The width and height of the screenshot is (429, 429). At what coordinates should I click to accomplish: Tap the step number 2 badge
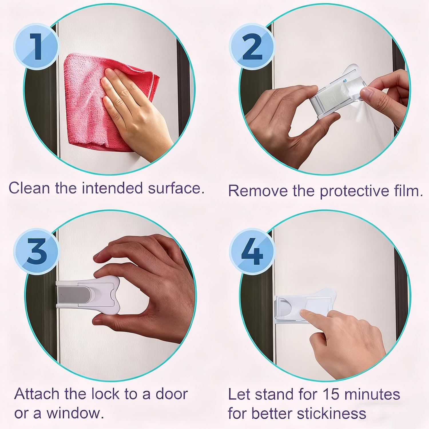point(252,47)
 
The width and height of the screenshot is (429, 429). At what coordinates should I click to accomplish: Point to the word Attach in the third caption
point(37,394)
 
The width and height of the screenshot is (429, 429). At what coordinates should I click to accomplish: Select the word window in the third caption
point(75,414)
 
